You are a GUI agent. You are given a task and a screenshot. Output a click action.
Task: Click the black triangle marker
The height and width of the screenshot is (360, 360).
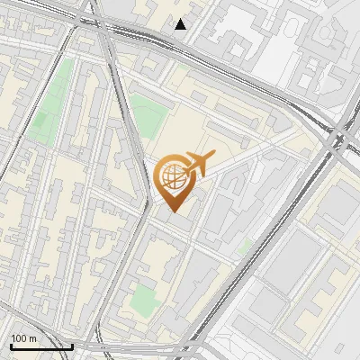181,24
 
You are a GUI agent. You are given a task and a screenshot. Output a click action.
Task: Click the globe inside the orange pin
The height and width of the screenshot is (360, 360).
171,176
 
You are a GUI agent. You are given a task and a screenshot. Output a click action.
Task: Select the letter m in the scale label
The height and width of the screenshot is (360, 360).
33,338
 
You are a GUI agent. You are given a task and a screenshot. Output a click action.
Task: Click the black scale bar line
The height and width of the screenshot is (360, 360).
40,346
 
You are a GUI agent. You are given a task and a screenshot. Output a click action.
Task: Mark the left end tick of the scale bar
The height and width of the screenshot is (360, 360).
10,345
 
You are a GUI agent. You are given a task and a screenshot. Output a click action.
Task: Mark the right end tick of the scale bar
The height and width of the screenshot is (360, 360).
72,345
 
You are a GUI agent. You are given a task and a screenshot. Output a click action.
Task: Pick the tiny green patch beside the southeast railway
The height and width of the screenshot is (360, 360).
244,245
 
